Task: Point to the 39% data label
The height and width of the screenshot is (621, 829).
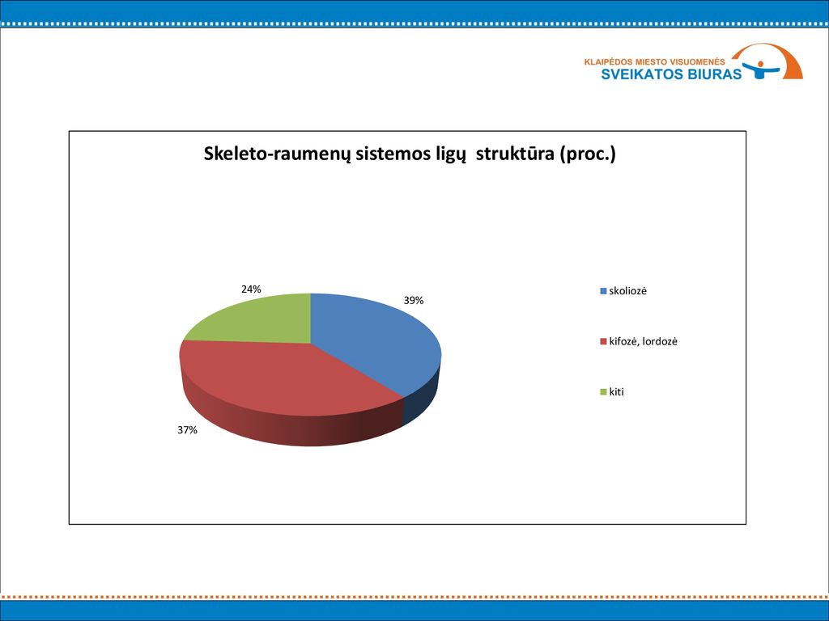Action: [414, 301]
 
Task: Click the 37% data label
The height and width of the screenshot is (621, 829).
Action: [187, 430]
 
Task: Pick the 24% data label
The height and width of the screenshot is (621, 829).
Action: [251, 289]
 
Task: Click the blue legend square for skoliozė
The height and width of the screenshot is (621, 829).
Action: [603, 291]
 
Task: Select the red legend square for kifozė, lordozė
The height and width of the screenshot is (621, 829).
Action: [603, 342]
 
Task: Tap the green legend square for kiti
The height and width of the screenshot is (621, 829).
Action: [603, 392]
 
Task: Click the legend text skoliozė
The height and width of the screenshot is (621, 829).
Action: [627, 291]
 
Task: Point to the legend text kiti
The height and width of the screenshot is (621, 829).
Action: [616, 392]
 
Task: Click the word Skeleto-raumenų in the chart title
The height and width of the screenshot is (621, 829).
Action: [277, 154]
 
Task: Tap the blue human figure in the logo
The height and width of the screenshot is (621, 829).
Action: [761, 70]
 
